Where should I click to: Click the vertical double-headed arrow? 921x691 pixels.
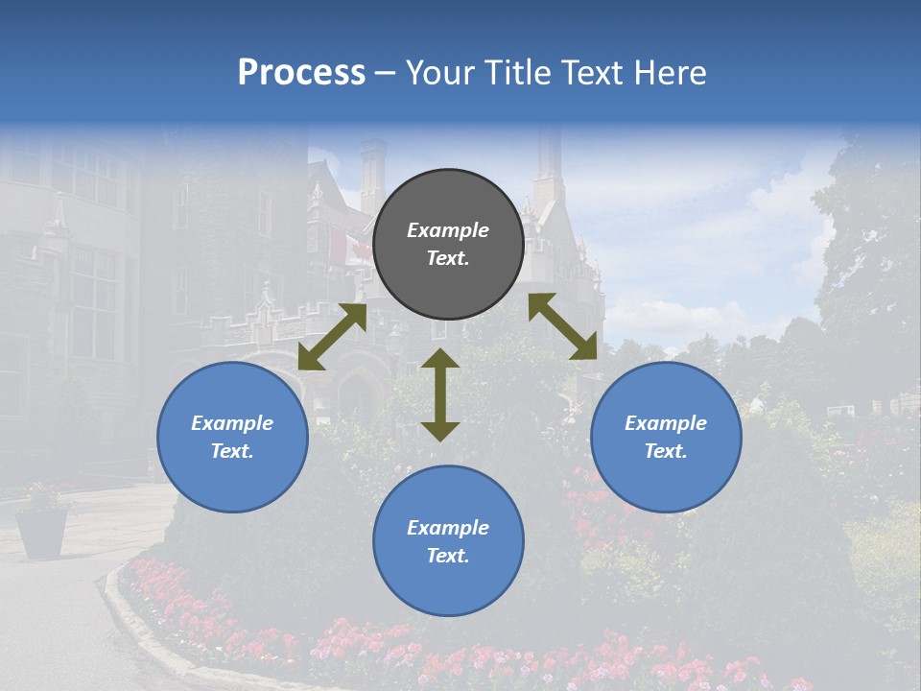click(x=440, y=394)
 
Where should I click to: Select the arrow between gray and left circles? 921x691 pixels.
click(x=332, y=337)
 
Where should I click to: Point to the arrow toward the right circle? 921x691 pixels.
click(x=563, y=326)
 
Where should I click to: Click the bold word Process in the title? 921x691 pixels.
click(x=301, y=73)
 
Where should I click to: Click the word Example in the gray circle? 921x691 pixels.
click(x=448, y=230)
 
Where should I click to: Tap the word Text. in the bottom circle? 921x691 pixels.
click(x=448, y=556)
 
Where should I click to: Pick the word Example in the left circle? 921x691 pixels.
click(x=232, y=423)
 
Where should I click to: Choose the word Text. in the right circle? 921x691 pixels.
click(x=666, y=451)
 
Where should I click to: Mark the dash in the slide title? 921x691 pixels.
click(x=386, y=73)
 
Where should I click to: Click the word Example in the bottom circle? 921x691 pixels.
click(x=448, y=528)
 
